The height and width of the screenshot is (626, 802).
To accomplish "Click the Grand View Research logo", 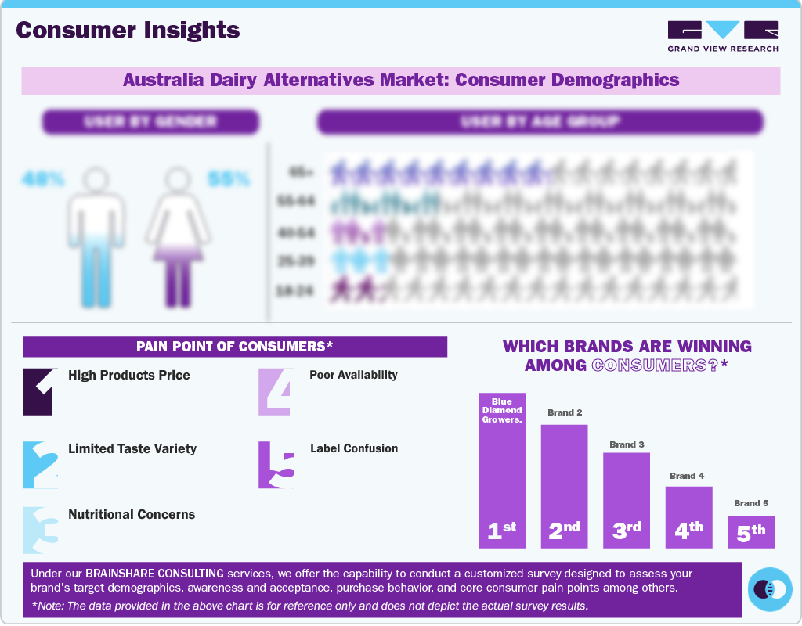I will pos(723,36).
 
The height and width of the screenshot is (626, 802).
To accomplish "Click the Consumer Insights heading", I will pos(128,31).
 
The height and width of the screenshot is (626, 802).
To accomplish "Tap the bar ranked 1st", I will pos(502,469).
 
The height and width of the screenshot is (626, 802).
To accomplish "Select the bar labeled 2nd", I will pos(564,485).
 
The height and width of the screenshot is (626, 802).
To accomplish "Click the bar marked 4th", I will pos(689,516).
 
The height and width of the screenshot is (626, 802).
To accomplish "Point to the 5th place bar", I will pos(751,531).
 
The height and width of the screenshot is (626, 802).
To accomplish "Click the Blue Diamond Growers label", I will pos(502,410).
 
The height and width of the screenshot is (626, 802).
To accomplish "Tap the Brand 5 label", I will pos(751,503).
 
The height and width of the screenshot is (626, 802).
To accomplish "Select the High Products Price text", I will pos(129,375).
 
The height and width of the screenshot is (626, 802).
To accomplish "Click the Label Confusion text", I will pos(354,448).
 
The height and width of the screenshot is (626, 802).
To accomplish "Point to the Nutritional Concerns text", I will pos(132,514).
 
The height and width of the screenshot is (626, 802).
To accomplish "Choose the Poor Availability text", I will pos(353,375).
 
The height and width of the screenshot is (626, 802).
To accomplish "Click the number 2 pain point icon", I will pos(40,465).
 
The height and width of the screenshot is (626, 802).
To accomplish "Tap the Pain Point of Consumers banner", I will pos(235,347).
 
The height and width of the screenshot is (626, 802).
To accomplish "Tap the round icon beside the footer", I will pos(770,589).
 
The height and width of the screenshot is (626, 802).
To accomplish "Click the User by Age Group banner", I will pos(540,122).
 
